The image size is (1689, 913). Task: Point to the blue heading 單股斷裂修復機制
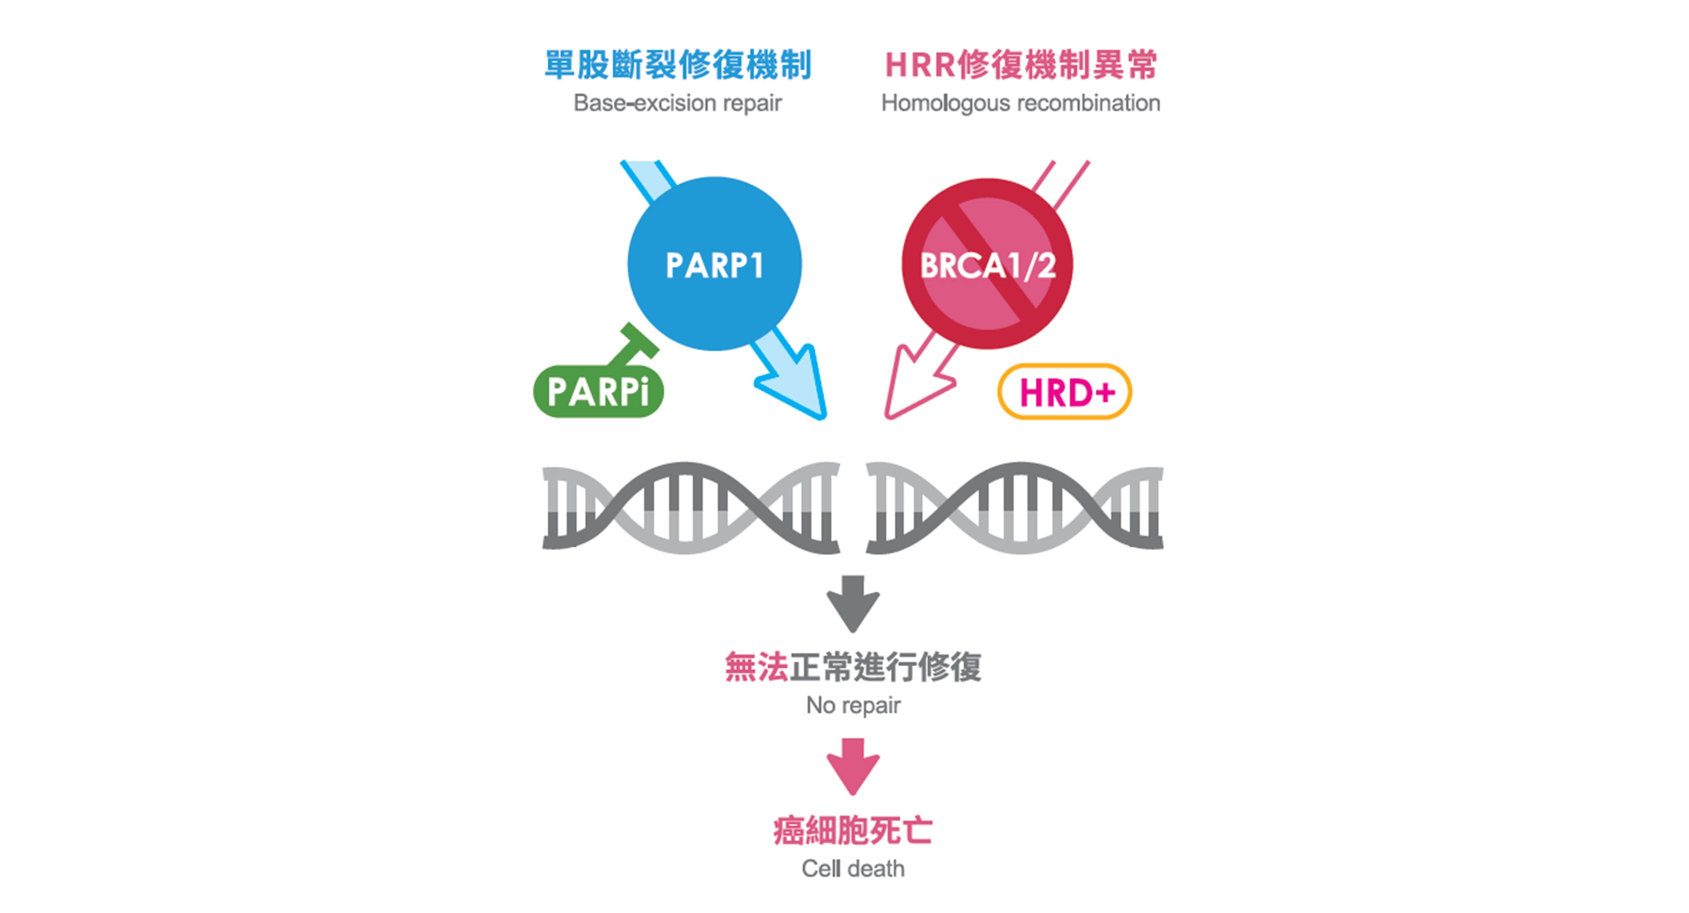coord(678,65)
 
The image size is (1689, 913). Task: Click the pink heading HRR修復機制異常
coord(1021,65)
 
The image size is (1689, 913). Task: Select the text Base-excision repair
coord(677,103)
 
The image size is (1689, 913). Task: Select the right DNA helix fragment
coord(1014,507)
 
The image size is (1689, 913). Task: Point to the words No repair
coord(853,705)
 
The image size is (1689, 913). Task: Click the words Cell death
coord(853,868)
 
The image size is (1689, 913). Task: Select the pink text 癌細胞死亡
coord(852,830)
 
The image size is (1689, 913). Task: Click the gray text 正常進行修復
coord(885,667)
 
